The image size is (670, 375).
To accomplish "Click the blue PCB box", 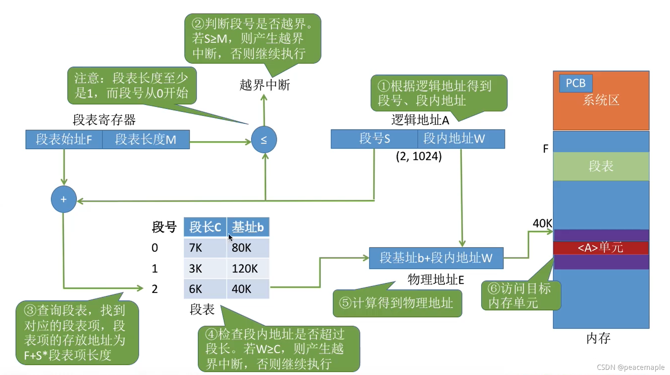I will pos(575,83).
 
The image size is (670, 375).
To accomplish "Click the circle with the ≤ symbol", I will pos(264,140).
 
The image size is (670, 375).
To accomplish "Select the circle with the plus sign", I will pos(64,200).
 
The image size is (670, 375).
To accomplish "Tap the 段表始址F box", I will pos(64,139).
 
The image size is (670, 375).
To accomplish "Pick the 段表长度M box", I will pos(146,139).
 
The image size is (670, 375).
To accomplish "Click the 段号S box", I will pos(374,139).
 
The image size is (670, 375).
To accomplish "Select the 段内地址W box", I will pos(461,139).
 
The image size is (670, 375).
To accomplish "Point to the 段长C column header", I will pos(205,227).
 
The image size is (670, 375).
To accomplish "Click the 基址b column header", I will pos(248,227).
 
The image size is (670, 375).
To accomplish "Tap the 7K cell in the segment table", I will pos(205,248).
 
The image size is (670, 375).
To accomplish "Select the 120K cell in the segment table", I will pos(248,269).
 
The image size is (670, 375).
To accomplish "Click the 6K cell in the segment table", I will pos(205,289).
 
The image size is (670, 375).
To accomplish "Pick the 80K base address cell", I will pos(248,248).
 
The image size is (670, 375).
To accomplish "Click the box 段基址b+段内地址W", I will pos(436,258).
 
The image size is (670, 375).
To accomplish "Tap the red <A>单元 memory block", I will pos(601,248).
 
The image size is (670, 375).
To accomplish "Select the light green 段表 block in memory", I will pos(601,166).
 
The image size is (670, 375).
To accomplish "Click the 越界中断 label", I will pos(264,85).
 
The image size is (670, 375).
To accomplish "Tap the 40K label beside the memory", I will pos(542,224).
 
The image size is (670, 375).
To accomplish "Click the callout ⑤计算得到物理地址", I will pos(397,303).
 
